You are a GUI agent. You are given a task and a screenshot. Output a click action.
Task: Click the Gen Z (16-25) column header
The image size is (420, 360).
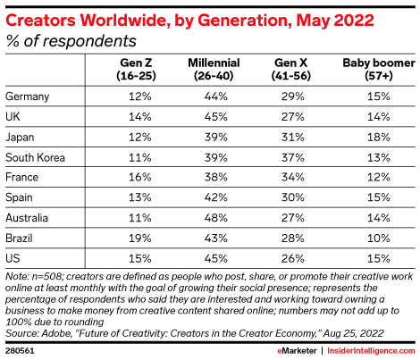tap(136, 70)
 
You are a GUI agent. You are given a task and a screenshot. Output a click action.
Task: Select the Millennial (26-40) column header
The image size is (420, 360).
tap(214, 70)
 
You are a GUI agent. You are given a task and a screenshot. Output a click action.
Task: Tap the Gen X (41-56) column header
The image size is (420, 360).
tap(291, 70)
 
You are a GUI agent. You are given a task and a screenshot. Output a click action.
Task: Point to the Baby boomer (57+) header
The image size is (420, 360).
tap(379, 70)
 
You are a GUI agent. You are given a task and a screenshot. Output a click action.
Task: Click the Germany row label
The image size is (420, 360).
tap(27, 96)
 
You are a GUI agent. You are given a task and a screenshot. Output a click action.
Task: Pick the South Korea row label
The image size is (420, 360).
tap(35, 157)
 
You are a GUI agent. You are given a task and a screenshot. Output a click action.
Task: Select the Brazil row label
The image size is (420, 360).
tap(19, 238)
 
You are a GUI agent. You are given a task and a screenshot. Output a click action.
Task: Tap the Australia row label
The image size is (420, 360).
tap(27, 218)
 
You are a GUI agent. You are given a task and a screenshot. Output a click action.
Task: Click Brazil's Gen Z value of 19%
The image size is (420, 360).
tap(140, 238)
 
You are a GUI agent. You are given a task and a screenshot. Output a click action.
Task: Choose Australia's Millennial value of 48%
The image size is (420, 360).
tap(216, 218)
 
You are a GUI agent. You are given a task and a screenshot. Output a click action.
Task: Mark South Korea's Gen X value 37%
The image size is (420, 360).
tap(293, 157)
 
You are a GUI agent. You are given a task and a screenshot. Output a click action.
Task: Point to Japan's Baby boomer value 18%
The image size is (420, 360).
tap(379, 137)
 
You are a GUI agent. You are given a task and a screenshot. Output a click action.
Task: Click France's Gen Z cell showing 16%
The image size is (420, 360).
tap(140, 177)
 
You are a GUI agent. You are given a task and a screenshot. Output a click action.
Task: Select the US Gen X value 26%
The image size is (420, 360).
tap(293, 258)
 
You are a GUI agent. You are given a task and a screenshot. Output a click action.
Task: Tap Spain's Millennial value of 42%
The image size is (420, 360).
tap(216, 197)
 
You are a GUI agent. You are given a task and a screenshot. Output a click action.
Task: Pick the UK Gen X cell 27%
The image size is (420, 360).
tap(293, 116)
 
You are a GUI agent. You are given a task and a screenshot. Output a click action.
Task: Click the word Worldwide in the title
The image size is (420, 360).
tap(125, 21)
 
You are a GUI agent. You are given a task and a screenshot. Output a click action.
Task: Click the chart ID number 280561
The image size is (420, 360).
tap(20, 351)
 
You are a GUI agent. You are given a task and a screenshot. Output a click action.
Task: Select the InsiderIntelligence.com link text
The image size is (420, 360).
tap(371, 351)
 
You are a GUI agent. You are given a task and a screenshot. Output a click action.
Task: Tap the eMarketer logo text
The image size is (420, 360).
tap(297, 351)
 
